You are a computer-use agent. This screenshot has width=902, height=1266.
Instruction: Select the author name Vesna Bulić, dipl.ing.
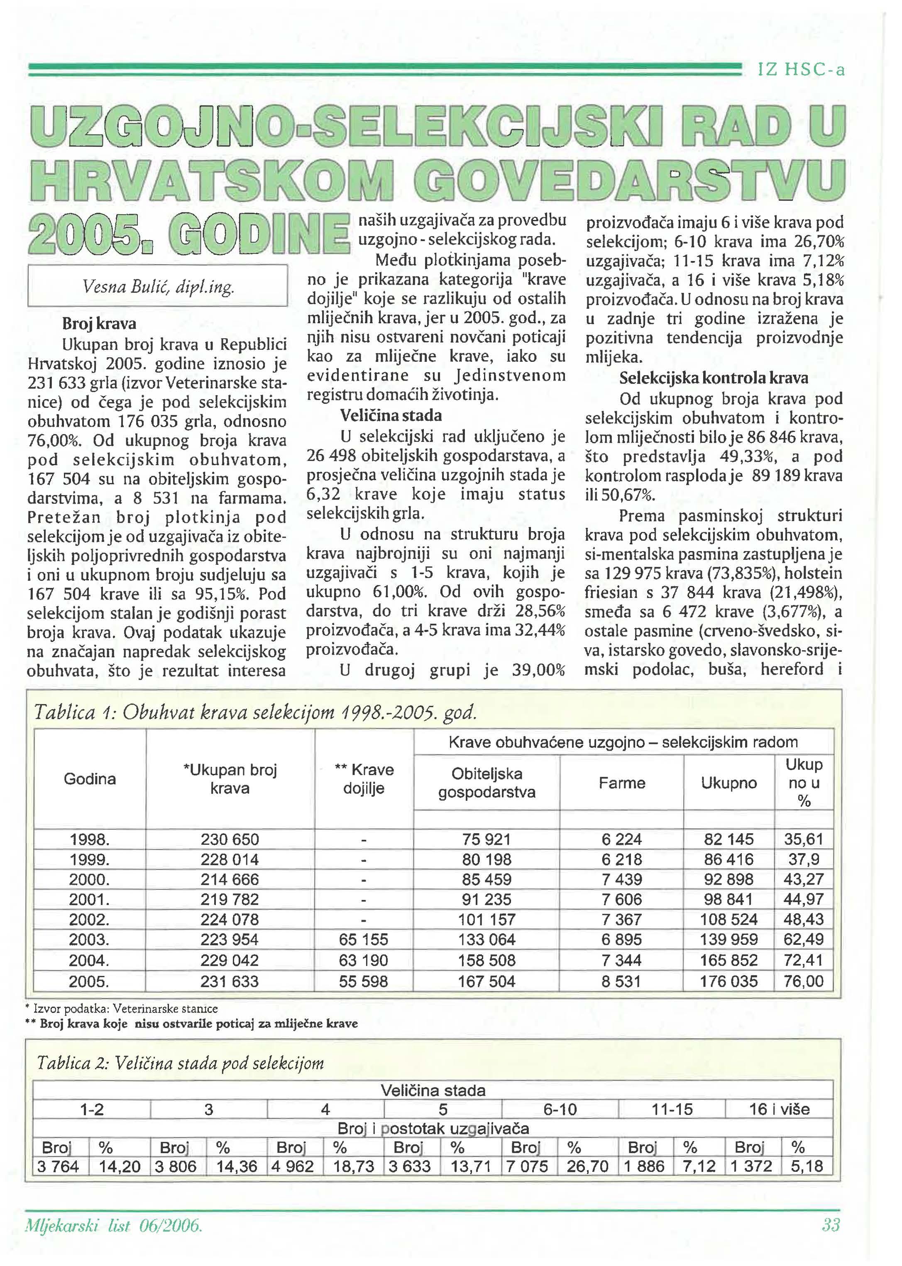158,286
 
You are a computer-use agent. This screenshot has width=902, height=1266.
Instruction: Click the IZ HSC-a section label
801,70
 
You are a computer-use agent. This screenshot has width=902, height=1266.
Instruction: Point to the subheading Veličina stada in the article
391,415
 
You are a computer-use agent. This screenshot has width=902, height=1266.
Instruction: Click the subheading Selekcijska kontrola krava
714,378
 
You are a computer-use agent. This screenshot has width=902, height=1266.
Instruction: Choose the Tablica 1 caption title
256,712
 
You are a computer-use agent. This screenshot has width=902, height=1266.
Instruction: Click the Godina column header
90,778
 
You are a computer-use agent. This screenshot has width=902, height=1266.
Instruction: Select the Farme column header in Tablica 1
621,783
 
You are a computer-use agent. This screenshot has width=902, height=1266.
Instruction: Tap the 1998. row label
90,839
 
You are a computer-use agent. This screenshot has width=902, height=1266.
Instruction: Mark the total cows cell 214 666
230,880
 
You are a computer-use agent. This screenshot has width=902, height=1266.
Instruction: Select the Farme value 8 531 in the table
621,981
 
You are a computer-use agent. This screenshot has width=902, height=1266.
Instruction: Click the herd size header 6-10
560,1110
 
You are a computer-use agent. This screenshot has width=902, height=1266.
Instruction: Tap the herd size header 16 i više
779,1110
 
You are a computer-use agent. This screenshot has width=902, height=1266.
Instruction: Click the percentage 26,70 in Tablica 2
588,1166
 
